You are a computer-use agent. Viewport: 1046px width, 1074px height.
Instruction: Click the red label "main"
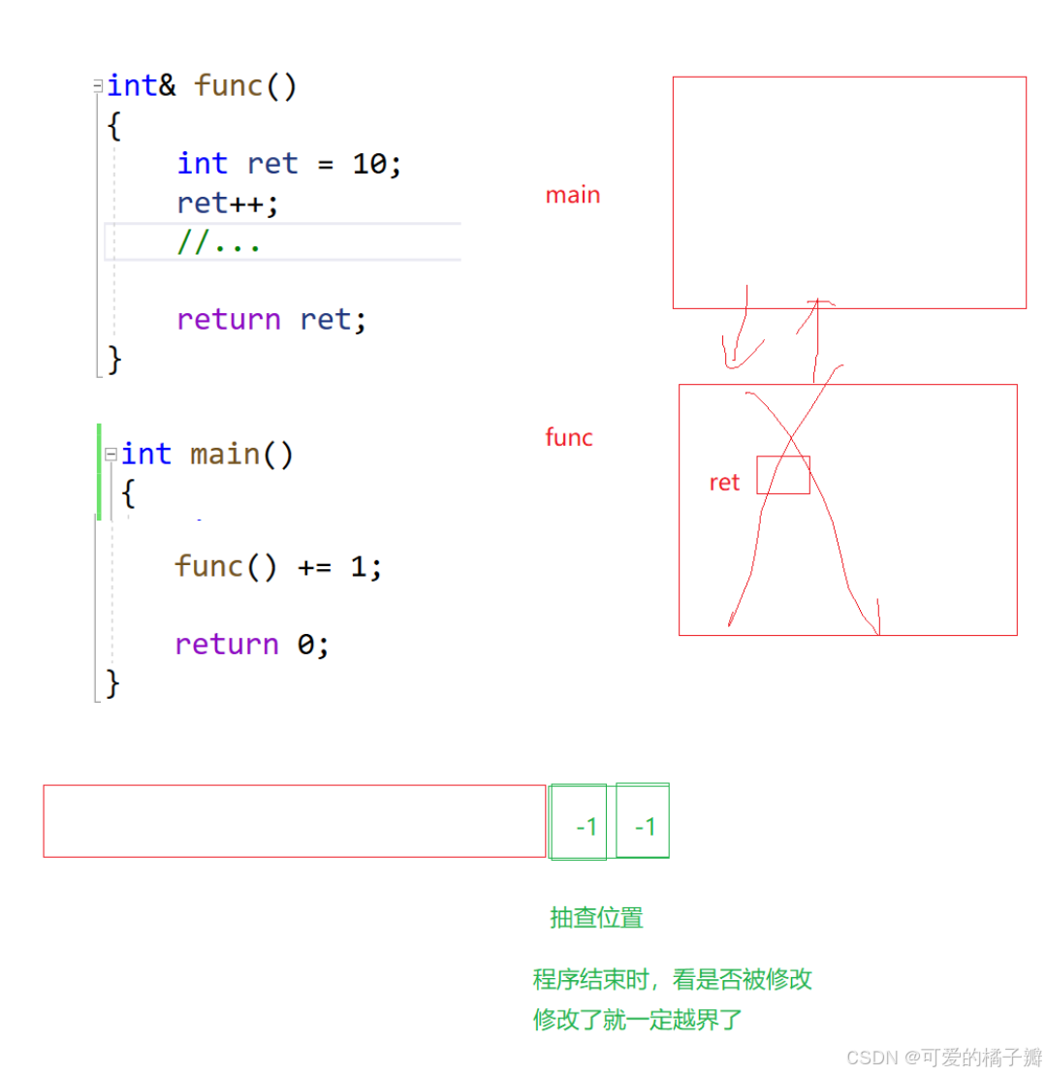pos(572,195)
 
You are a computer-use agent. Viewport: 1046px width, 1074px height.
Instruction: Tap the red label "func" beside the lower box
pos(569,437)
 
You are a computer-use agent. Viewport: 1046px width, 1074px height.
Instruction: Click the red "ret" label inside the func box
pos(724,483)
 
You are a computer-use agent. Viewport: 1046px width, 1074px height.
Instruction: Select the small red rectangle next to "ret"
pos(783,475)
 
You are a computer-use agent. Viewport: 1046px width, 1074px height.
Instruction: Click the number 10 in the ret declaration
pos(369,164)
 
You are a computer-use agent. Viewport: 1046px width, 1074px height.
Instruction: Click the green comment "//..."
pos(219,242)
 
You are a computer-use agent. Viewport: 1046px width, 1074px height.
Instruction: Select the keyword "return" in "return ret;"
pos(229,319)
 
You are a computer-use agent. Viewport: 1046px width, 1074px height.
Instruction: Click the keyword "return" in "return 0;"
pos(227,644)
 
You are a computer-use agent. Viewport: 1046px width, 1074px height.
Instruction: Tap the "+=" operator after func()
pos(314,566)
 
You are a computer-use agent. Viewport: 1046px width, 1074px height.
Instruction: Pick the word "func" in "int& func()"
pos(229,85)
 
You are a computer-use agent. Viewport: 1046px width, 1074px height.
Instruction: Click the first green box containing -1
pos(579,822)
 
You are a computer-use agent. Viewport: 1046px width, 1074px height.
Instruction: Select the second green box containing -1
pos(643,822)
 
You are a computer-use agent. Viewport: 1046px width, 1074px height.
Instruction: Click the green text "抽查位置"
pos(596,918)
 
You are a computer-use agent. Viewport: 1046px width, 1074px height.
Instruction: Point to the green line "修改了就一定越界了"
pos(637,1020)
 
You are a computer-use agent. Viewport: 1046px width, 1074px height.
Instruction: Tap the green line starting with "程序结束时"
pos(672,979)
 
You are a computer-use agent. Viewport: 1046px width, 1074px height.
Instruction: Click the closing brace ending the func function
pos(114,360)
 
